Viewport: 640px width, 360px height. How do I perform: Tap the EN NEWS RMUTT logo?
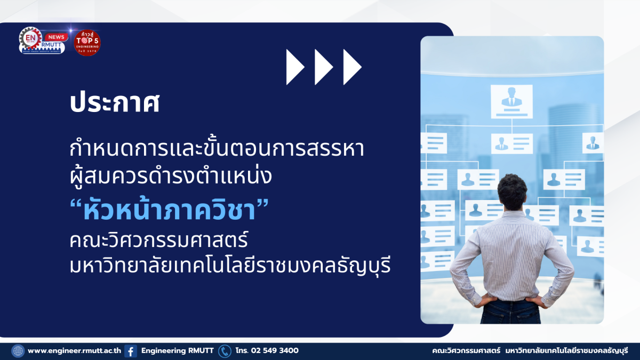(x=42, y=41)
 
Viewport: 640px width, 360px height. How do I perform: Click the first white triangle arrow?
(x=294, y=67)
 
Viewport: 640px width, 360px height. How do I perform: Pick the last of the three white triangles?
(x=351, y=67)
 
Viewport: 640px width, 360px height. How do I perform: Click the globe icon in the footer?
(x=18, y=351)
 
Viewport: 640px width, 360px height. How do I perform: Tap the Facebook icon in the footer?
(x=131, y=351)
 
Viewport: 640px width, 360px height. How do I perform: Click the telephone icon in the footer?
(x=225, y=351)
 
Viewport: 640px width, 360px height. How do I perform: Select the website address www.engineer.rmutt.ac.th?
(x=74, y=351)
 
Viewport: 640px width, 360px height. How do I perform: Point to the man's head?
(x=511, y=193)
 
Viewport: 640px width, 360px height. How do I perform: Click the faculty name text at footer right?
(x=530, y=351)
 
